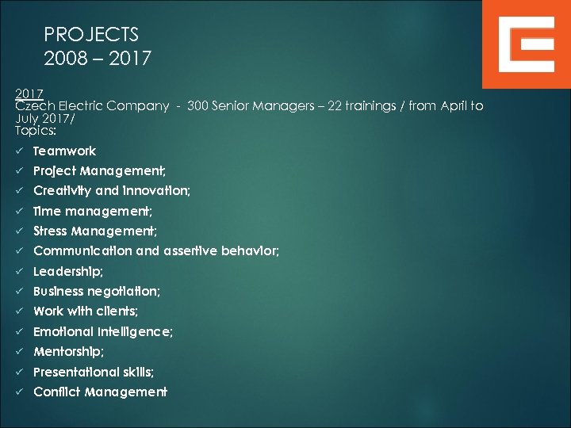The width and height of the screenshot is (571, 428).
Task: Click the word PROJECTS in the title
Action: pyautogui.click(x=91, y=35)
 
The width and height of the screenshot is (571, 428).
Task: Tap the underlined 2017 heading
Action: pyautogui.click(x=29, y=94)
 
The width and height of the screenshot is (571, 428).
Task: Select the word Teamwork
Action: pyautogui.click(x=64, y=151)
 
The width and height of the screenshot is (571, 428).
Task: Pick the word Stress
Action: pyautogui.click(x=50, y=231)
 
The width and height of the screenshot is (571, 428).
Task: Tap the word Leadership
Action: pyautogui.click(x=67, y=271)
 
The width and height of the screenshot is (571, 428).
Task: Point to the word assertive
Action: pyautogui.click(x=194, y=251)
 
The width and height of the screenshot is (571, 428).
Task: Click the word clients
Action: pyautogui.click(x=116, y=311)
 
